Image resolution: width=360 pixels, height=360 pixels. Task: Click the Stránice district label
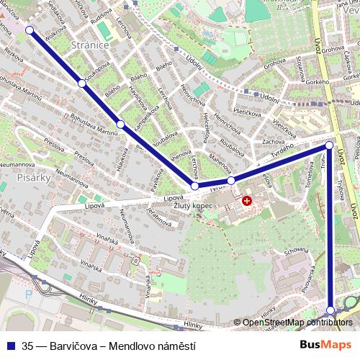90,45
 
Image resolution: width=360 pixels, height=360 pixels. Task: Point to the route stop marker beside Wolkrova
30,30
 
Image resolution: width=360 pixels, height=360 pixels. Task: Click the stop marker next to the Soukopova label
82,84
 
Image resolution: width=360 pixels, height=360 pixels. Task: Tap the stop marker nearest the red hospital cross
231,180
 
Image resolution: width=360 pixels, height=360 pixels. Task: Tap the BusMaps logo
326,344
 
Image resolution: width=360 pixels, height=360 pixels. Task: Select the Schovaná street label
295,251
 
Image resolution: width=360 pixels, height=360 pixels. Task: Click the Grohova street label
274,64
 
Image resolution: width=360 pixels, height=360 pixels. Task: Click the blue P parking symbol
28,294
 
